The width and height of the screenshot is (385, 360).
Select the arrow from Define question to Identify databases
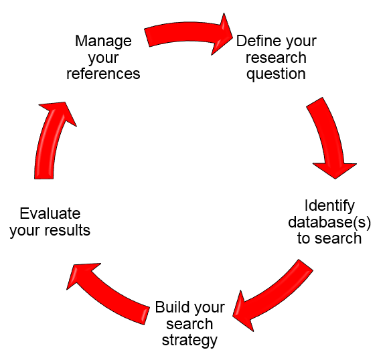(325, 137)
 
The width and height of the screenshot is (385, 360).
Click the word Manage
(103, 41)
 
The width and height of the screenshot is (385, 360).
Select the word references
(104, 73)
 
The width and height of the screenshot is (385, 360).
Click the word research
(276, 58)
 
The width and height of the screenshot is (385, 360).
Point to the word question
(276, 74)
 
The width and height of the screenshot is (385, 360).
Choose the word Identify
(329, 205)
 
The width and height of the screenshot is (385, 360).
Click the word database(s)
(329, 221)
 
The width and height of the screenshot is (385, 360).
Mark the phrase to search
(329, 238)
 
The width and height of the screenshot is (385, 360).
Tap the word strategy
(190, 340)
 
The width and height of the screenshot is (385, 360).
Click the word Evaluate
(50, 214)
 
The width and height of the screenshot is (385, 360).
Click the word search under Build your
(190, 324)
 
